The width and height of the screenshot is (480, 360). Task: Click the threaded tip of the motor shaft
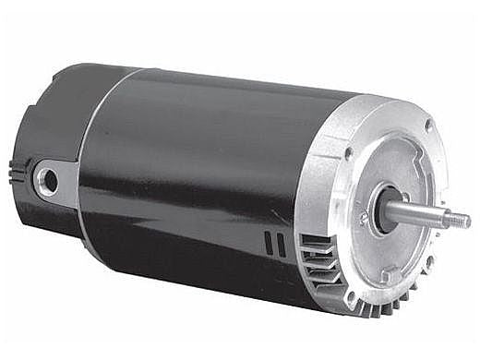click(x=457, y=220)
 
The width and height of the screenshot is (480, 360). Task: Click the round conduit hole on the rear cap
click(x=47, y=181)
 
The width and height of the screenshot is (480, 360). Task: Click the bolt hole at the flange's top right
click(x=428, y=125)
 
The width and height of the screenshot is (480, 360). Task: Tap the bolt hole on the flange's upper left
click(x=348, y=153)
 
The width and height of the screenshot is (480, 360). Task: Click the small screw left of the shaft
click(x=363, y=218)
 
